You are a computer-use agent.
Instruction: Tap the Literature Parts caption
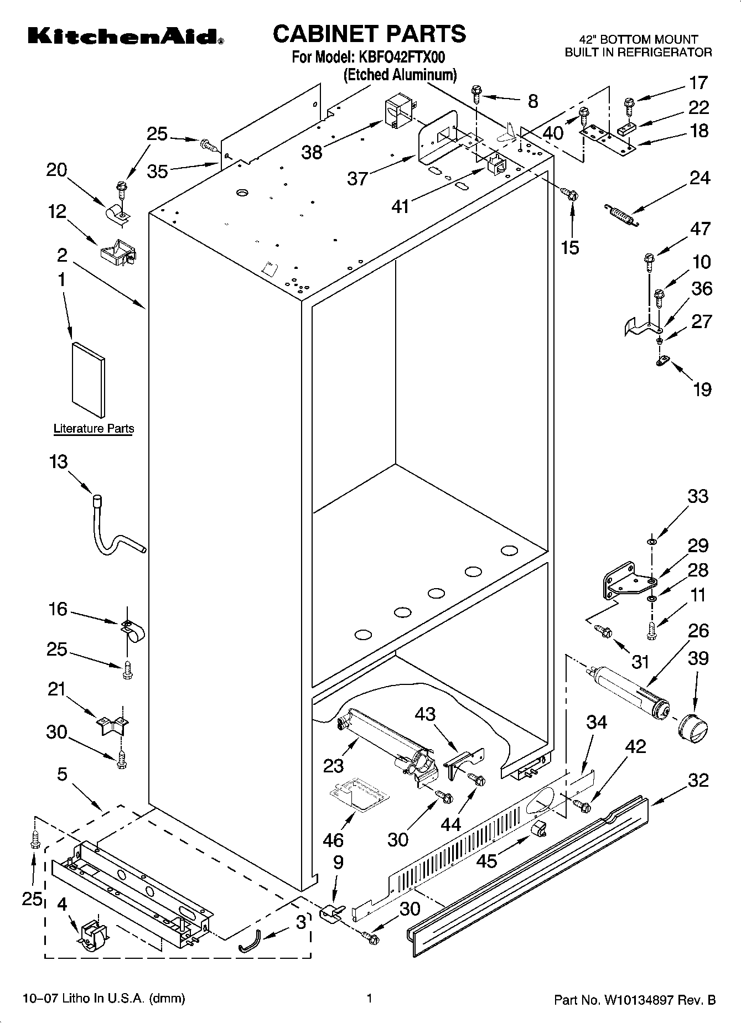[94, 428]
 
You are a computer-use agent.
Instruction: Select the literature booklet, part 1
[88, 379]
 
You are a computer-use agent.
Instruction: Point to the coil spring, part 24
[621, 214]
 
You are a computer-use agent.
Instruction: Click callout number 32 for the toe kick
[698, 780]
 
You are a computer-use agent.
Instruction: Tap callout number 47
[701, 229]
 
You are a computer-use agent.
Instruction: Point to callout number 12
[57, 211]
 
